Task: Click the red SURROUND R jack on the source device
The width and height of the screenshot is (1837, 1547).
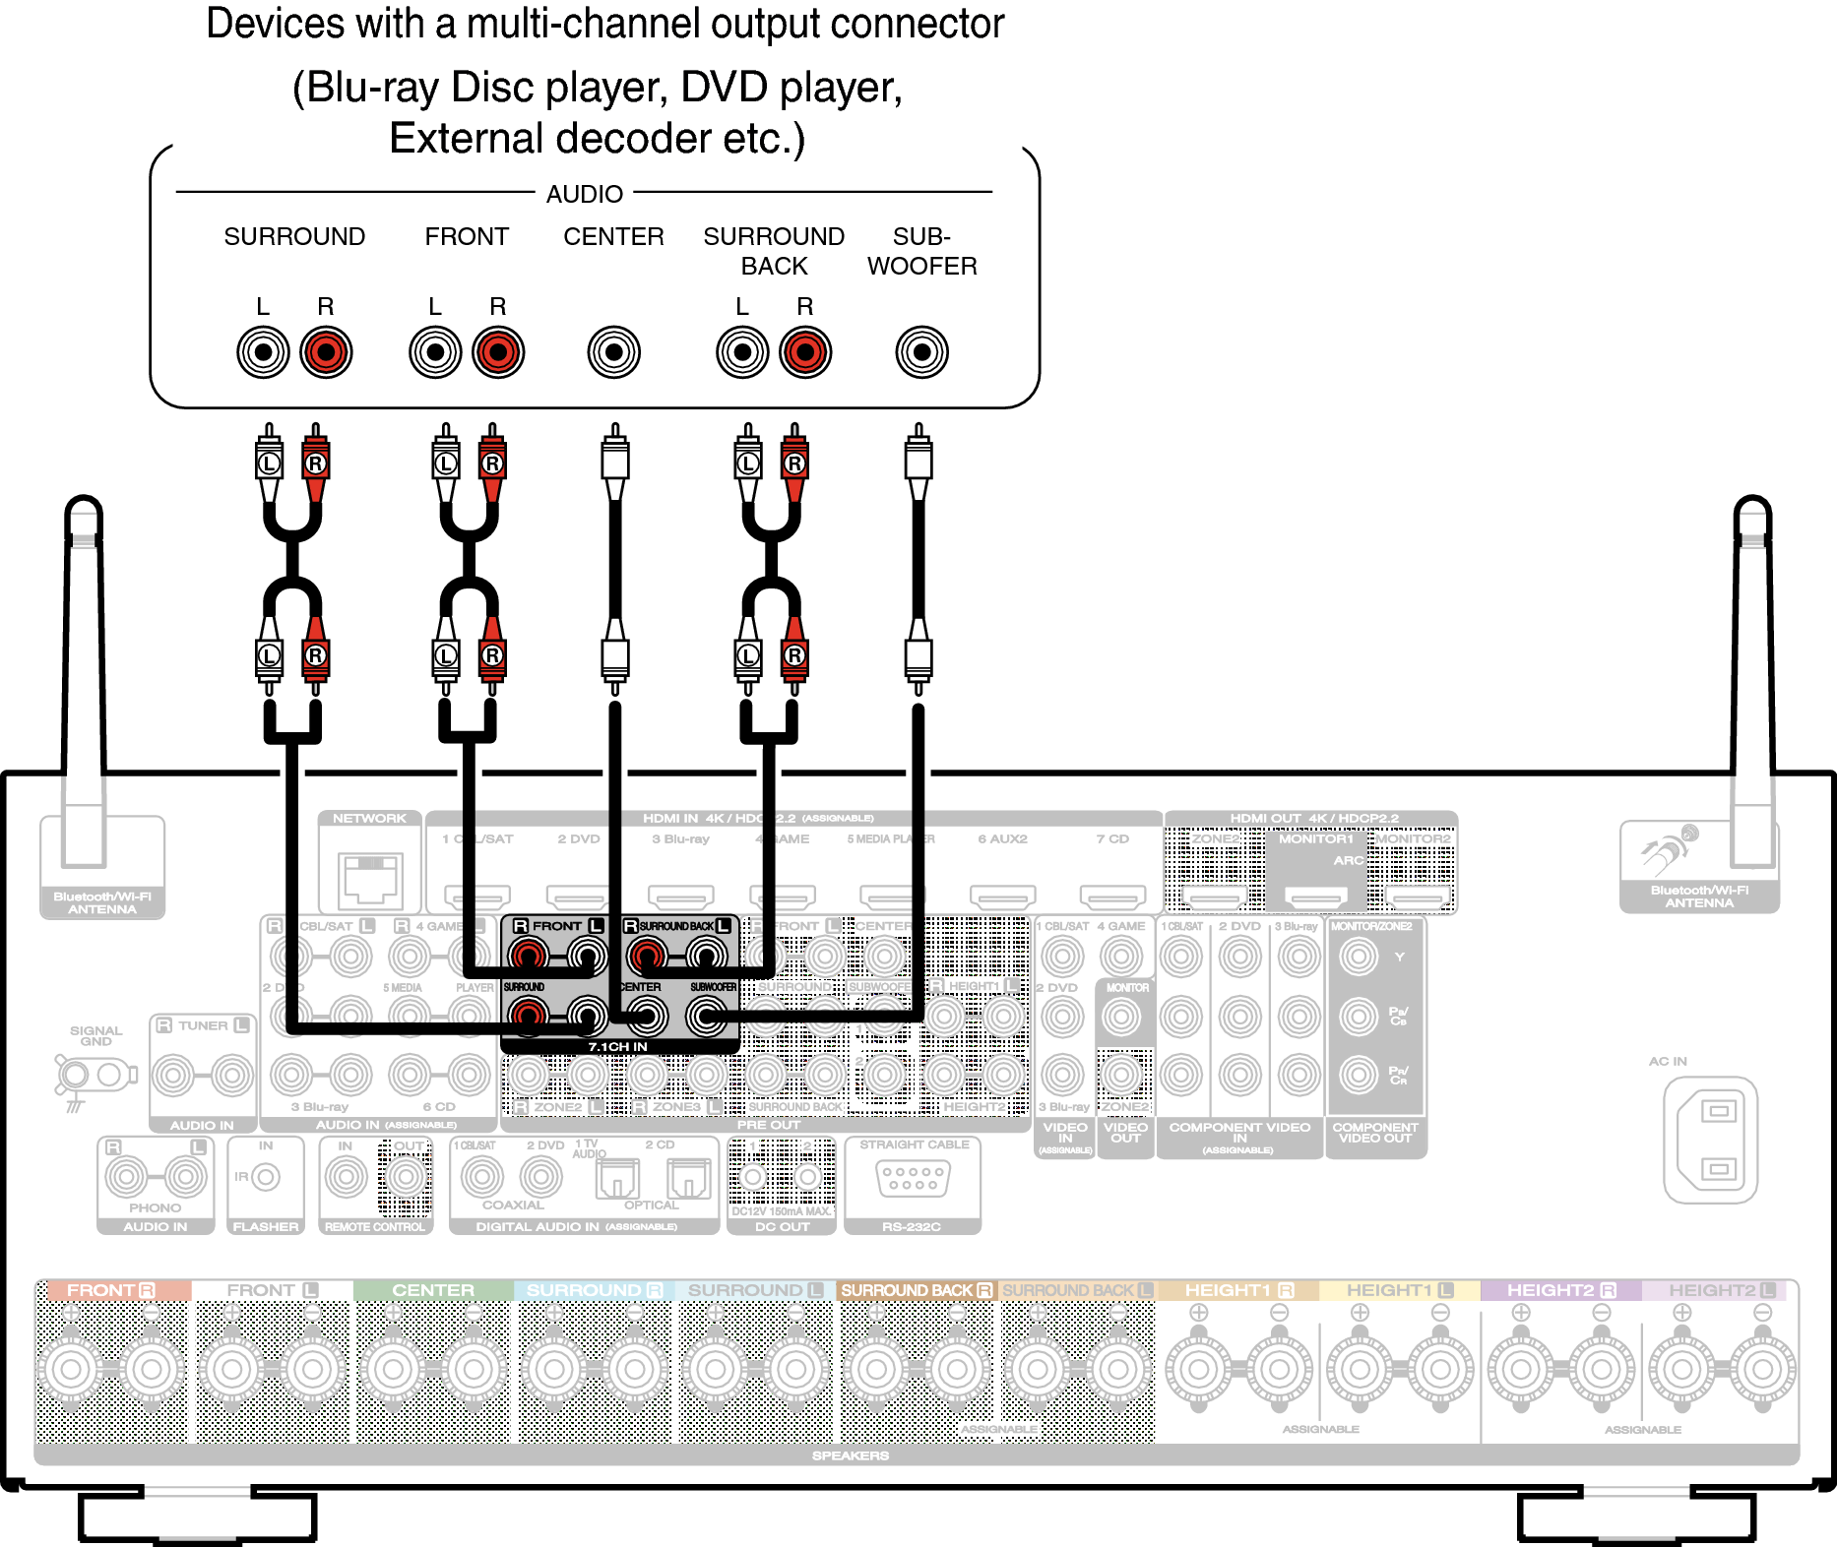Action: [x=326, y=352]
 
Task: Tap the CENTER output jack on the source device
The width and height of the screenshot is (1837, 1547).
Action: [x=613, y=352]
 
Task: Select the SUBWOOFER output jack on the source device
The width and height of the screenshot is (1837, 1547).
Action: [x=921, y=352]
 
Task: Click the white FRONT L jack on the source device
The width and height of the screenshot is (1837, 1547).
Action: [x=435, y=352]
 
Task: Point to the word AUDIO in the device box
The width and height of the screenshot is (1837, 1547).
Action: [x=585, y=194]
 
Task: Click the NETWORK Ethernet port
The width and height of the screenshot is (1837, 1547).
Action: [x=370, y=878]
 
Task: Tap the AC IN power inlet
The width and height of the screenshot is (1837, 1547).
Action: [x=1710, y=1140]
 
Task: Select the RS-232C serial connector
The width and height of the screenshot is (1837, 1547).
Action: [x=913, y=1178]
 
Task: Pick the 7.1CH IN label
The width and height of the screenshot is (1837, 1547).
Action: [x=617, y=1047]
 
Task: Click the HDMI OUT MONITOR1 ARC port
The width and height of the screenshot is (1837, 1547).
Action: [x=1316, y=897]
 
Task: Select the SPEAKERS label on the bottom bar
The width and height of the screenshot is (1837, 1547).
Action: [x=850, y=1455]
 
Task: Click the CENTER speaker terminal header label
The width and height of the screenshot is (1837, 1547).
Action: [x=433, y=1290]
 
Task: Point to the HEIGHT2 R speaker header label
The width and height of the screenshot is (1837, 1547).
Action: [x=1560, y=1290]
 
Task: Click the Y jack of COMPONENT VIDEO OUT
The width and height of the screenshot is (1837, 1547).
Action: [x=1359, y=956]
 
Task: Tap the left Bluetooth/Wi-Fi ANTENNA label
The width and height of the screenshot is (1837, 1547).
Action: [x=102, y=903]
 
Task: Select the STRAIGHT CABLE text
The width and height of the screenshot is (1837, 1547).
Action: [x=914, y=1145]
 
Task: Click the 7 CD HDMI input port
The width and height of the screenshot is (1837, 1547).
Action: [x=1112, y=897]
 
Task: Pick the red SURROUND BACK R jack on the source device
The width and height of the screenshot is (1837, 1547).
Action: [x=805, y=352]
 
